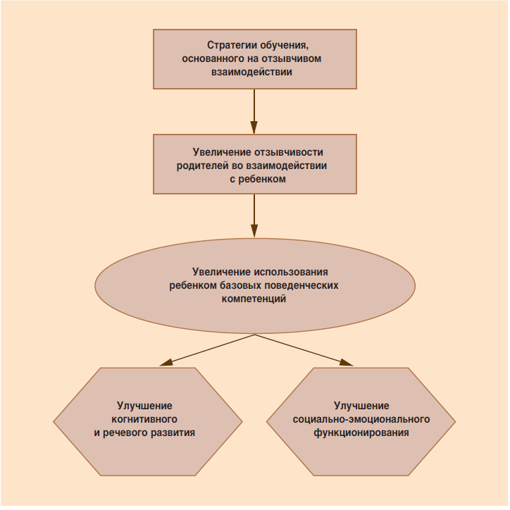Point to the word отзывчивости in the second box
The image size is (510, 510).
290,152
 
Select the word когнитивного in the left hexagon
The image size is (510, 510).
144,419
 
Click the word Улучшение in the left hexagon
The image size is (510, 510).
144,406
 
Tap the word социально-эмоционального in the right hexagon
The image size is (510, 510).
361,419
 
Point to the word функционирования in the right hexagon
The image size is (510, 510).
361,433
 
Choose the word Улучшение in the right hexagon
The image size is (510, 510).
361,406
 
